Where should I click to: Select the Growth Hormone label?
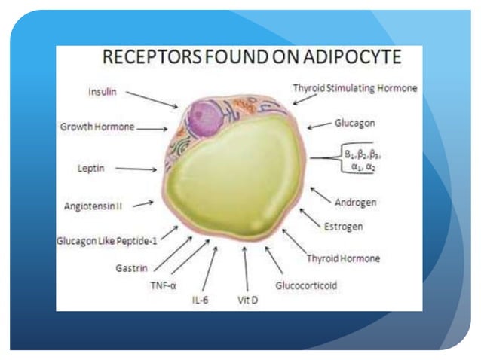[97, 127]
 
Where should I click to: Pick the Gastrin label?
[131, 267]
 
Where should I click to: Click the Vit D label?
[247, 300]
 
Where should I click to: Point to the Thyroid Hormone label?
[343, 258]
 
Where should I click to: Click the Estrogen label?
[342, 226]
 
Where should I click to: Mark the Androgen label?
[354, 203]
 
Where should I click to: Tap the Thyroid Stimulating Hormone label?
[354, 88]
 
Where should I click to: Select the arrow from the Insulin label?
[150, 99]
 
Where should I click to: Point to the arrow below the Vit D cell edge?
[245, 268]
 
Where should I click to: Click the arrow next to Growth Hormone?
[152, 128]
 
